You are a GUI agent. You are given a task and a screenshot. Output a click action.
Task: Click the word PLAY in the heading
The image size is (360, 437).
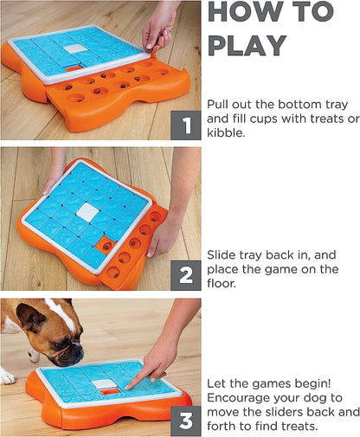247,45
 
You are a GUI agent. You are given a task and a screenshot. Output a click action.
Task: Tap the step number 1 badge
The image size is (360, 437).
186,125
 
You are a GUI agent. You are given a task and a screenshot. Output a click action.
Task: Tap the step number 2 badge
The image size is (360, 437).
186,275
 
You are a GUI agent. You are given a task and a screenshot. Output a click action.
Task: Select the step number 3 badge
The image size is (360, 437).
186,421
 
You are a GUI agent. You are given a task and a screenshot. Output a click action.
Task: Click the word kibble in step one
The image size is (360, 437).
226,132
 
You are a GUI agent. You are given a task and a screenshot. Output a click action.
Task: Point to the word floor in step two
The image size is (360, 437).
222,283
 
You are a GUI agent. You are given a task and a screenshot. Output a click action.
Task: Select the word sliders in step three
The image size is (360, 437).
277,412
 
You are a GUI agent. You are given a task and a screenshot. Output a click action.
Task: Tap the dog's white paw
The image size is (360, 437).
8,376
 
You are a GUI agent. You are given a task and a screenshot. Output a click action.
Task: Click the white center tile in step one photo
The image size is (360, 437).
75,48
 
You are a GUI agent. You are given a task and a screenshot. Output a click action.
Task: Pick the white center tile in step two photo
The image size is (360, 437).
88,212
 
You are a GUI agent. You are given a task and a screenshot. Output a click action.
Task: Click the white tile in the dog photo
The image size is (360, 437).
104,384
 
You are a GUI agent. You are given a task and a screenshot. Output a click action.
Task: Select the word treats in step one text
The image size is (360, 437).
313,119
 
